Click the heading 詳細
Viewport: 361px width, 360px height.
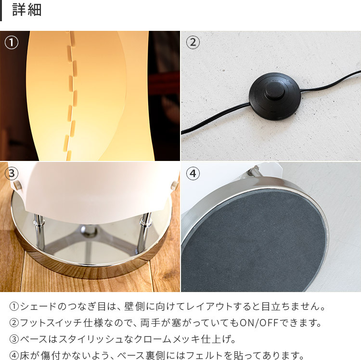click(26, 10)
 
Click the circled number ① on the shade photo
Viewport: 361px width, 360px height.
click(12, 42)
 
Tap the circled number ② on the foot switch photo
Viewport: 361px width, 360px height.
click(193, 42)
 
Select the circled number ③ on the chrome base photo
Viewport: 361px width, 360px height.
click(12, 173)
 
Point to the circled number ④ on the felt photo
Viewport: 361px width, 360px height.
click(193, 173)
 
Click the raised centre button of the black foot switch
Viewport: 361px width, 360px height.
click(275, 91)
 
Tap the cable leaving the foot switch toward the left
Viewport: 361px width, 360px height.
click(215, 119)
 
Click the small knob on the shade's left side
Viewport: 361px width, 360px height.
click(16, 185)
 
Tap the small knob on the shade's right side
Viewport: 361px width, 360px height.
click(175, 185)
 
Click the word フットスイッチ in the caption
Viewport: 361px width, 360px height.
click(51, 323)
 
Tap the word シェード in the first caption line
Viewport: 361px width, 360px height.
click(38, 307)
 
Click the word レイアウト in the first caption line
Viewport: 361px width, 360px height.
click(209, 307)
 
